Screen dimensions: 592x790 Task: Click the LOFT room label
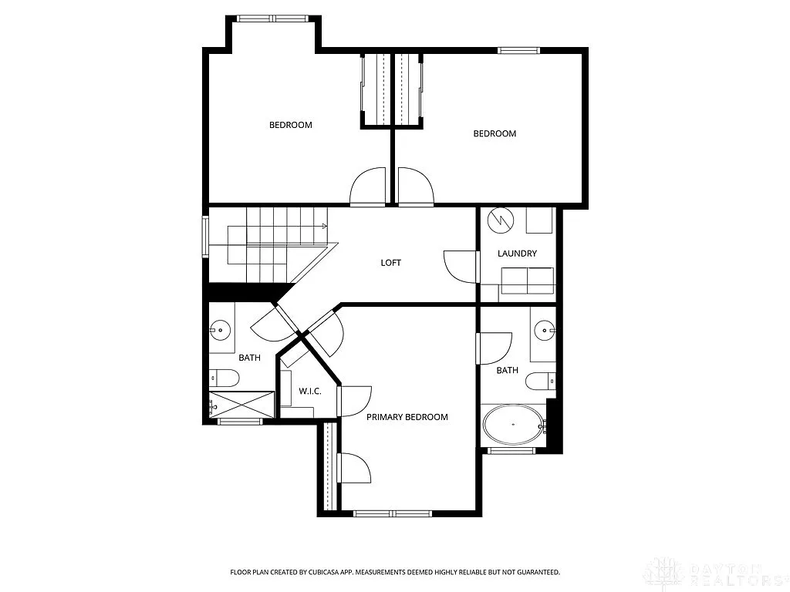391,263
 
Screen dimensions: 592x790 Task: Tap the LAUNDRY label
517,254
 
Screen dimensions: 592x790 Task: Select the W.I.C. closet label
310,392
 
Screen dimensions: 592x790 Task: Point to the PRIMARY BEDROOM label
407,417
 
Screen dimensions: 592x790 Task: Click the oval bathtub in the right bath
512,425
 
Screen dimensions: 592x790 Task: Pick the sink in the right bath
545,331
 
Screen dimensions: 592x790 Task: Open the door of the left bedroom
368,187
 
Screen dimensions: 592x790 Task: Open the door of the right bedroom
416,187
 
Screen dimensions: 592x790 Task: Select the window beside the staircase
205,237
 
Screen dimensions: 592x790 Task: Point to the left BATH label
249,358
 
